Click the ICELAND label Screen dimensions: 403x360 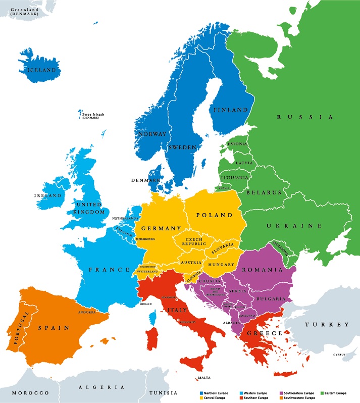click(x=42, y=70)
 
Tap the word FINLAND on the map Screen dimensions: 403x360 click(x=231, y=110)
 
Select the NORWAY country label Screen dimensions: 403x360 click(x=152, y=134)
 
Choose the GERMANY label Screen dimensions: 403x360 click(x=161, y=228)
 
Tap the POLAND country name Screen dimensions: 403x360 click(x=215, y=215)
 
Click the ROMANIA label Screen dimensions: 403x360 click(x=262, y=270)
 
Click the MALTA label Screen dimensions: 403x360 click(x=204, y=378)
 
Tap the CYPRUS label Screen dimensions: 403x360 click(x=339, y=355)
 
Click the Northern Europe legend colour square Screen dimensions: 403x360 click(x=201, y=393)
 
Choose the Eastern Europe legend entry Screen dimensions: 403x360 click(x=333, y=393)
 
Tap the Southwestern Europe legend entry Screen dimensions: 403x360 click(x=262, y=398)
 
